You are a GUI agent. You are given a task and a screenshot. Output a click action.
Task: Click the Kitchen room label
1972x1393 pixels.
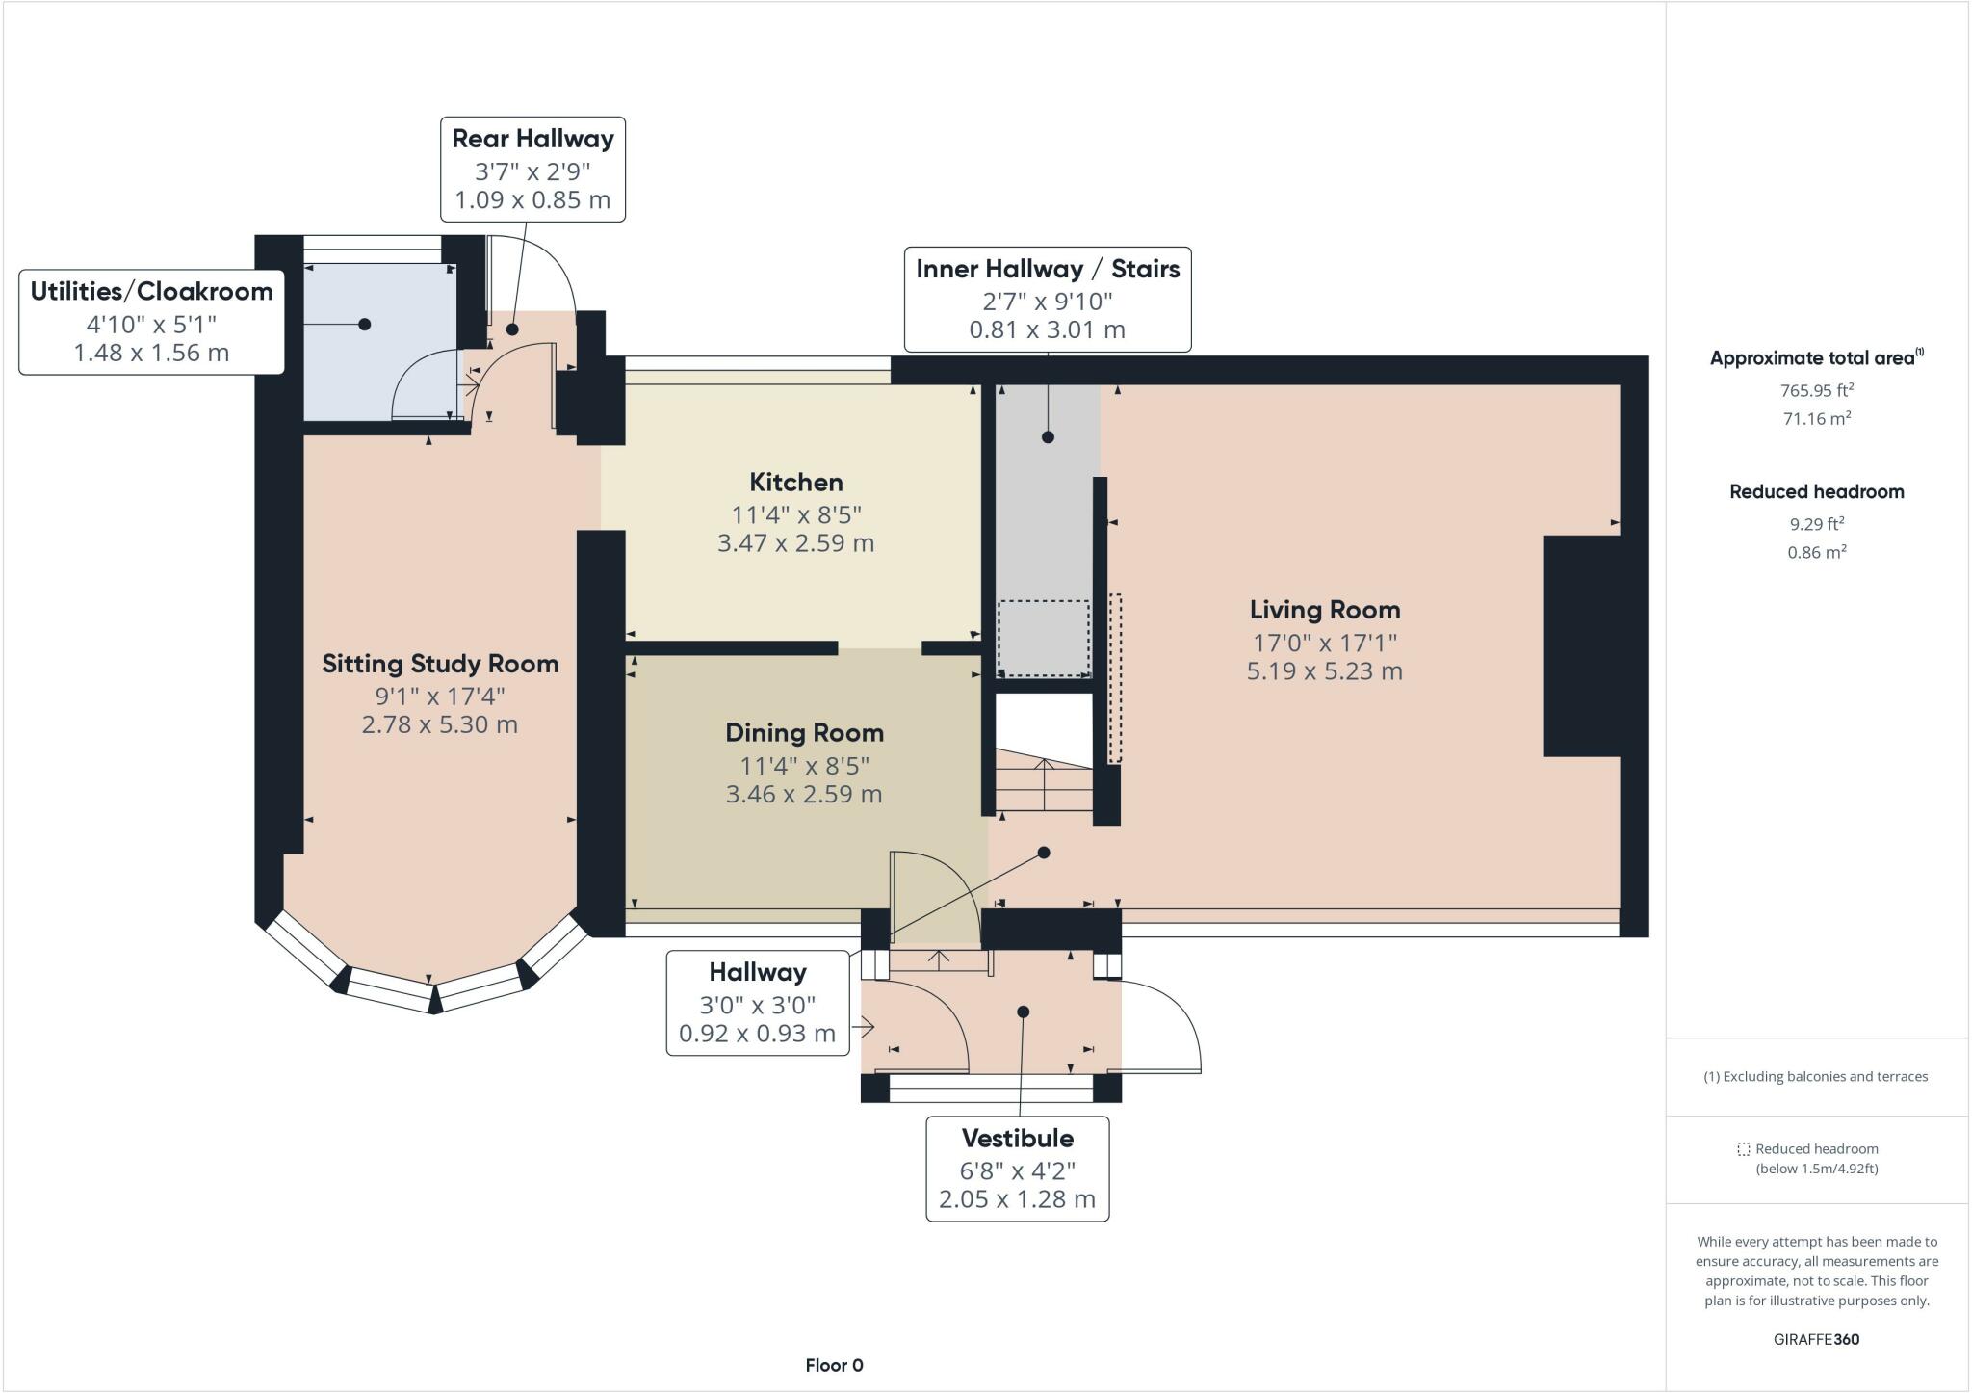tap(795, 482)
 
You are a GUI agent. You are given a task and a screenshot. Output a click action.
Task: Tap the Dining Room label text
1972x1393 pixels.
tap(804, 733)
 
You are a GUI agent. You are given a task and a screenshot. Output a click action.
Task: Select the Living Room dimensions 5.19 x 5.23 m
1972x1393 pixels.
tap(1324, 671)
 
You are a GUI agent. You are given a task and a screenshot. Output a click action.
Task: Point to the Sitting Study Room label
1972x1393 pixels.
tap(440, 664)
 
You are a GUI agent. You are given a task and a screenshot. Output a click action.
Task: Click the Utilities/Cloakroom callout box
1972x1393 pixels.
tap(151, 322)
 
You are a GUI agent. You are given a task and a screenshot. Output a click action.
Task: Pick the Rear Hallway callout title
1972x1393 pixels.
tap(532, 139)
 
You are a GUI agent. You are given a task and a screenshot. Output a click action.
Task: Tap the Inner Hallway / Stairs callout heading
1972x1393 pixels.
tap(1048, 269)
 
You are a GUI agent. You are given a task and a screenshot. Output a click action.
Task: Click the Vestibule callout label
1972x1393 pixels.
tap(1017, 1139)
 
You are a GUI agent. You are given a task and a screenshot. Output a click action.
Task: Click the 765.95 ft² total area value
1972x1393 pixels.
tap(1816, 390)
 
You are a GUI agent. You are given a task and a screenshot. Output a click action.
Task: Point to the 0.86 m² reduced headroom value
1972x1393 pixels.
tap(1816, 552)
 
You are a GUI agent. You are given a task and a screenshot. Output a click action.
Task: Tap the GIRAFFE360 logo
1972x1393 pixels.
tap(1816, 1339)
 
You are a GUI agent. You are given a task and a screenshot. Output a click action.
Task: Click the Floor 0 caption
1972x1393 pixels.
tap(834, 1365)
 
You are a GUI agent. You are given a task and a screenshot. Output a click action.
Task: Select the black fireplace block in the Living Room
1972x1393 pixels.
tap(1580, 645)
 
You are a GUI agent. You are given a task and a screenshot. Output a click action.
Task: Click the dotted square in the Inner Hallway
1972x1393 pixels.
tap(1043, 638)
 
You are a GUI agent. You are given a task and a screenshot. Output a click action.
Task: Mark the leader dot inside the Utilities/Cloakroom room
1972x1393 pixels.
tap(364, 325)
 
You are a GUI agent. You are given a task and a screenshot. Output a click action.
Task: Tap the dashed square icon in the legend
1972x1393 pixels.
tap(1743, 1149)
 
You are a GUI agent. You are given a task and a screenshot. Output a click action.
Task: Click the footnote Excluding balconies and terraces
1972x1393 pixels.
tap(1816, 1077)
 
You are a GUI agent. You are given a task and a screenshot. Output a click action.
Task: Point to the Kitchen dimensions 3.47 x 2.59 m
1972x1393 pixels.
tap(795, 543)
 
